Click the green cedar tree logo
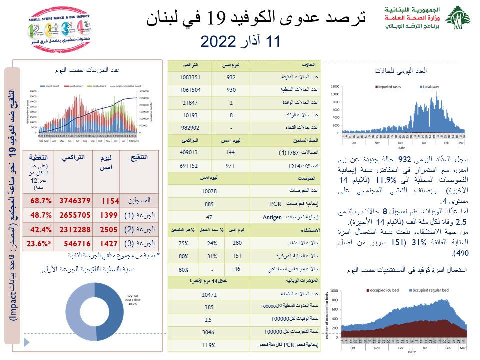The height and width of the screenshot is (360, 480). point(457,19)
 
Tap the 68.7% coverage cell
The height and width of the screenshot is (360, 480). point(28,200)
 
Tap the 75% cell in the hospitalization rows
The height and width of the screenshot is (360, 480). point(183,242)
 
